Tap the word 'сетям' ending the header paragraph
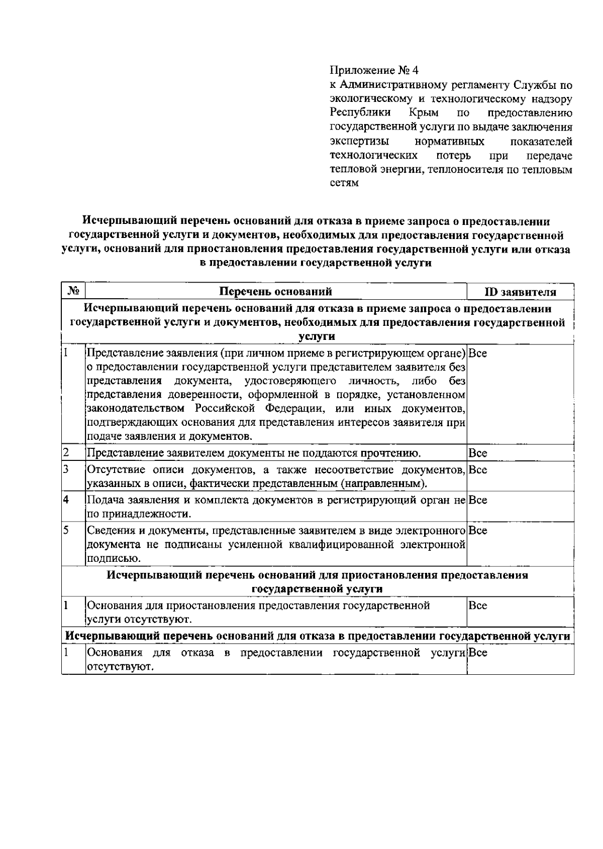click(344, 183)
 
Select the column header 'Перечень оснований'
click(276, 292)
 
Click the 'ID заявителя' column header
click(520, 292)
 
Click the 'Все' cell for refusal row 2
click(477, 453)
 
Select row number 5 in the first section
click(66, 530)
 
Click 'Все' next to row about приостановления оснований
click(477, 605)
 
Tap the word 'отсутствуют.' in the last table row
click(119, 667)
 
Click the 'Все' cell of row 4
click(477, 500)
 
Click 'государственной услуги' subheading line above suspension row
click(317, 589)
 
